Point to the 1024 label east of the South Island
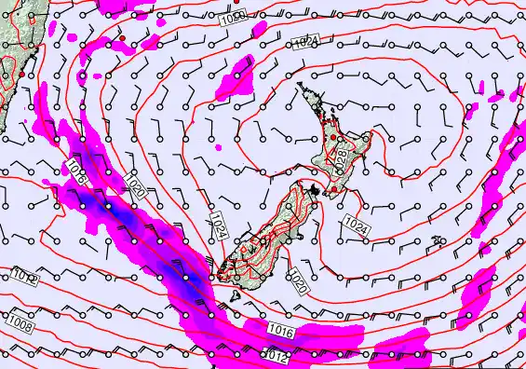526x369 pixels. (x=355, y=224)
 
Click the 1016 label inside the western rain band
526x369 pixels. (x=78, y=169)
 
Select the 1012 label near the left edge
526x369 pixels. (x=25, y=277)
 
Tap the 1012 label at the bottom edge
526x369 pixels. (x=274, y=355)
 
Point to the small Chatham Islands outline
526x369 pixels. (x=438, y=241)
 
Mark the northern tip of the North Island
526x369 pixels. (x=300, y=85)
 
